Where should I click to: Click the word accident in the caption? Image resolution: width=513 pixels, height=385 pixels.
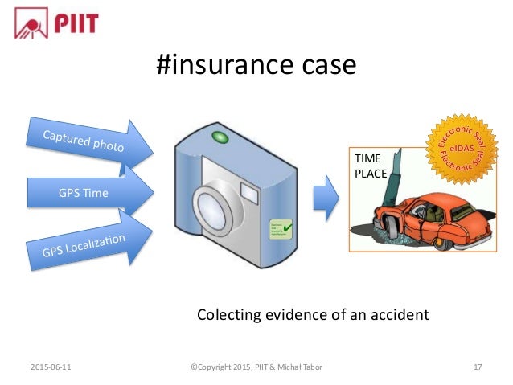(397, 314)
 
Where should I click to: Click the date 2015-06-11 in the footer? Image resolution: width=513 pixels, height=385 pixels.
(49, 367)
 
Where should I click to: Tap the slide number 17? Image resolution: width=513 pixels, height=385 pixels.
(478, 367)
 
